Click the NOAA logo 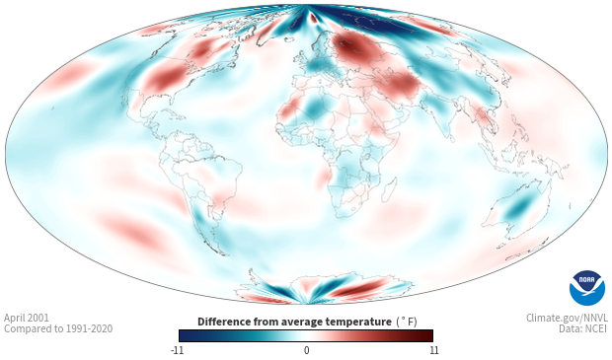(587, 287)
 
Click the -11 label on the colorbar (178, 350)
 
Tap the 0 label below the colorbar (306, 350)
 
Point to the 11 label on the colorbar (433, 350)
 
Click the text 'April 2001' (27, 318)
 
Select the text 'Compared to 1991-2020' (58, 328)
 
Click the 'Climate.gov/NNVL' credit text (567, 318)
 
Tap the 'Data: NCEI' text (583, 328)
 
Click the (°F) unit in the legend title (407, 322)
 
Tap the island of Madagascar (389, 189)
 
